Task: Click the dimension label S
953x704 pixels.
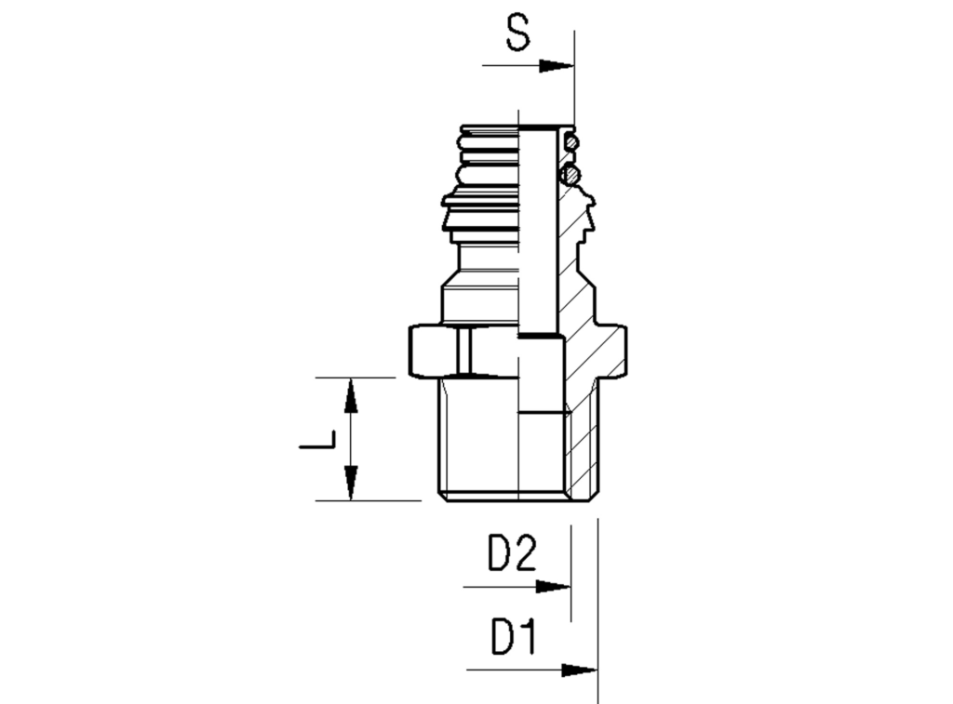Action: pyautogui.click(x=517, y=33)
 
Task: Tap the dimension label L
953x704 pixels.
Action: pyautogui.click(x=318, y=440)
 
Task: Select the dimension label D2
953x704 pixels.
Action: pyautogui.click(x=513, y=553)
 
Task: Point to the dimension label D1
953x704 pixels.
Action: pyautogui.click(x=514, y=637)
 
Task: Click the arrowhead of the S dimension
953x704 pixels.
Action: pyautogui.click(x=557, y=66)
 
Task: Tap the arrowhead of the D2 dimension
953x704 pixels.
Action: pyautogui.click(x=553, y=587)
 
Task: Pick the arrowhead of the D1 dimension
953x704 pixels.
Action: pyautogui.click(x=579, y=671)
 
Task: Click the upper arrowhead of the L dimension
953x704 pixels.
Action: pyautogui.click(x=351, y=395)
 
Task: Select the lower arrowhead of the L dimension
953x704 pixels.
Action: pyautogui.click(x=351, y=483)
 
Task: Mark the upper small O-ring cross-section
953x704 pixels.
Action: pyautogui.click(x=571, y=143)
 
